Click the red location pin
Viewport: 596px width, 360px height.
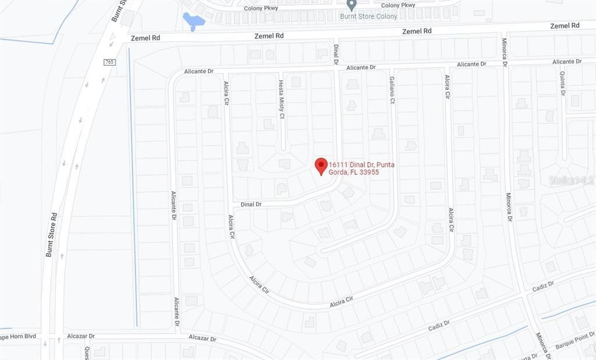(321, 166)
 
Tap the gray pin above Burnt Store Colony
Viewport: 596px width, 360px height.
(351, 5)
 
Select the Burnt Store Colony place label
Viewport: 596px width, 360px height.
(368, 16)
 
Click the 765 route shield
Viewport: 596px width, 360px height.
(110, 62)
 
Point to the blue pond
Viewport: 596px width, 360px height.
(193, 22)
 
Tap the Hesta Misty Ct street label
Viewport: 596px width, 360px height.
(281, 99)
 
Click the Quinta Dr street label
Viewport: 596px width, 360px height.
(563, 83)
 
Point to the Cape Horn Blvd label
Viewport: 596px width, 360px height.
(17, 336)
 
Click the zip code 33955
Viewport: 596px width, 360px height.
(370, 172)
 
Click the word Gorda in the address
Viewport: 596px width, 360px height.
(338, 172)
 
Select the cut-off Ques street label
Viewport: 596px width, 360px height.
(87, 352)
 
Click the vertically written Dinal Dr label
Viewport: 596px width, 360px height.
(336, 54)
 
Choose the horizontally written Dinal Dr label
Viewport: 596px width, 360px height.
(251, 204)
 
